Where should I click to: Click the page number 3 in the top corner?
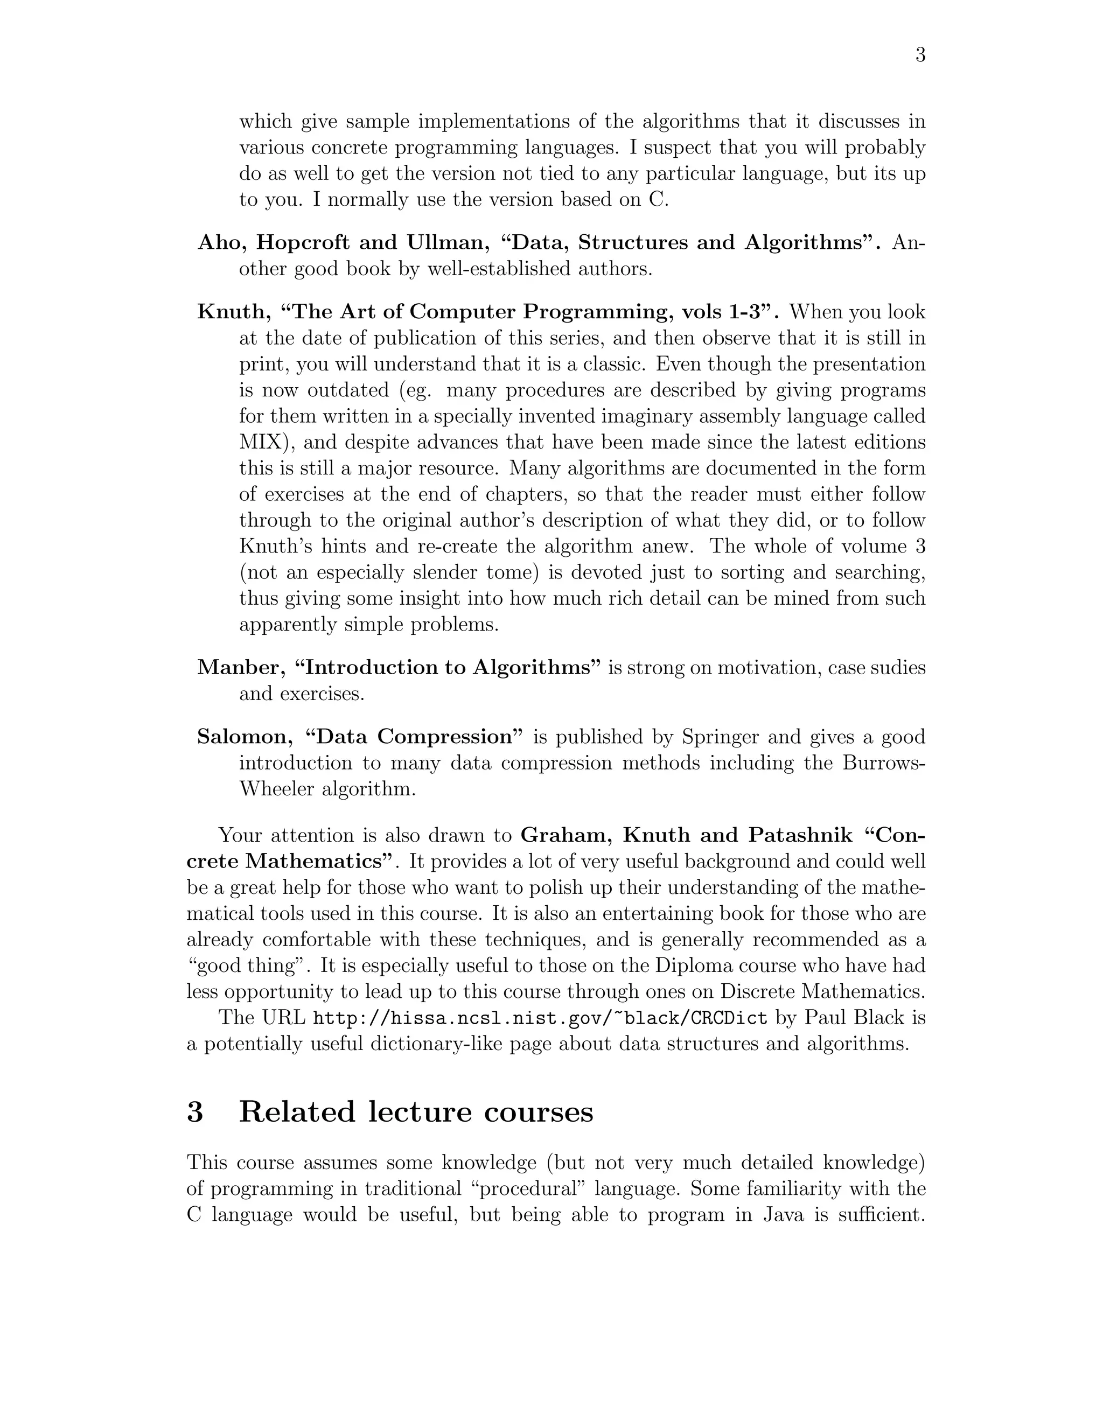coord(919,55)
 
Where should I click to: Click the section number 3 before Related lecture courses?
coord(195,1111)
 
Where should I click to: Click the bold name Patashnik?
coord(800,835)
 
